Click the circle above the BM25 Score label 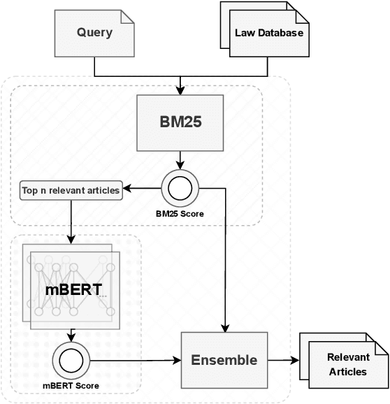pos(180,187)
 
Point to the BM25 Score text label pos(180,214)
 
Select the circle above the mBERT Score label pos(71,361)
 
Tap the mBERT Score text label pos(71,386)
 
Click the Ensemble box pos(224,361)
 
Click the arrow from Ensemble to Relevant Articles pos(282,361)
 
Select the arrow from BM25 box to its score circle pos(181,159)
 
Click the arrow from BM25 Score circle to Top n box pos(144,188)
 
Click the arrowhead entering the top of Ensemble pos(224,326)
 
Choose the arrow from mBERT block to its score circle pos(71,334)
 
